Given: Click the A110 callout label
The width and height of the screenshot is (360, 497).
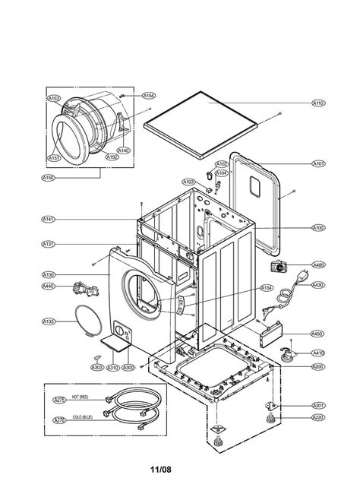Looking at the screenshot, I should pyautogui.click(x=318, y=103).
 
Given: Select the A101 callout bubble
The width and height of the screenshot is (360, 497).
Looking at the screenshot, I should pyautogui.click(x=318, y=163).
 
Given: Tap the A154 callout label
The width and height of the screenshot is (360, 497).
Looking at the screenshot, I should pyautogui.click(x=149, y=96).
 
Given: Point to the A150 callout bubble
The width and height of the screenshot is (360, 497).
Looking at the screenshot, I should pyautogui.click(x=48, y=177).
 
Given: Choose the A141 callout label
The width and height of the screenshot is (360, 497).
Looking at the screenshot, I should pyautogui.click(x=49, y=219).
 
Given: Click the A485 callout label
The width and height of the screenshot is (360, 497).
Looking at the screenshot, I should pyautogui.click(x=318, y=265).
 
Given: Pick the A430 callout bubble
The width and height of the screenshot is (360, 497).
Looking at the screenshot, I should pyautogui.click(x=318, y=285).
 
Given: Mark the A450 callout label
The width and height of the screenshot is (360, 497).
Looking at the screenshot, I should pyautogui.click(x=318, y=333).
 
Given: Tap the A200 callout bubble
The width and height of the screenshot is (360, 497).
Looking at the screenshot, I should pyautogui.click(x=318, y=367).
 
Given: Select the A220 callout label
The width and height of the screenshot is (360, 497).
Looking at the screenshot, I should pyautogui.click(x=318, y=417).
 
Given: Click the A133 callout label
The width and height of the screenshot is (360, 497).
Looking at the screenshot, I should pyautogui.click(x=49, y=321).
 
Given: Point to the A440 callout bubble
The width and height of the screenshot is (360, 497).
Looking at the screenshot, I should pyautogui.click(x=49, y=286).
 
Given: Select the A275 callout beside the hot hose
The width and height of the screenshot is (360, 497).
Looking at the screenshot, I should pyautogui.click(x=58, y=400).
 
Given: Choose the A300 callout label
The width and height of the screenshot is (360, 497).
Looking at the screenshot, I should pyautogui.click(x=128, y=368).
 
